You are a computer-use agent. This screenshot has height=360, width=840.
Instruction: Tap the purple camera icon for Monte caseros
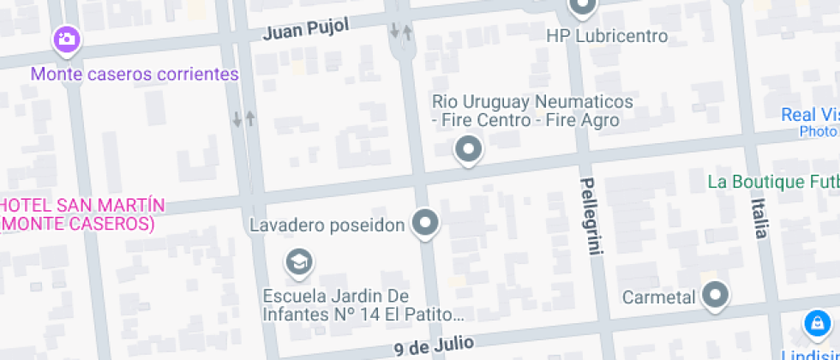click(x=67, y=39)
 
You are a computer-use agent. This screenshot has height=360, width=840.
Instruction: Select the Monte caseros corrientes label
click(x=135, y=74)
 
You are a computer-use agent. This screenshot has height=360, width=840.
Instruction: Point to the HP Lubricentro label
click(x=607, y=37)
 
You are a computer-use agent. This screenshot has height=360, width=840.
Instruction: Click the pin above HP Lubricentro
click(x=583, y=8)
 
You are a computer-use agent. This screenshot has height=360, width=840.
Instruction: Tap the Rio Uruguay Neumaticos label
click(x=532, y=102)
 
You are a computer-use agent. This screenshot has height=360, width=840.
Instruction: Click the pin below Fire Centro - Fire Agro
click(x=468, y=150)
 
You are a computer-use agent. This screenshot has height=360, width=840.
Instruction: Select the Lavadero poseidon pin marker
click(x=425, y=225)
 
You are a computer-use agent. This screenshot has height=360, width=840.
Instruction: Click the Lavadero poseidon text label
click(x=327, y=226)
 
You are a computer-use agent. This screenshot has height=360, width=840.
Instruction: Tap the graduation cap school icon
click(x=298, y=261)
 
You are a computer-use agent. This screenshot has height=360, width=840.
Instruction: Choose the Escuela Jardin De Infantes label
click(x=363, y=304)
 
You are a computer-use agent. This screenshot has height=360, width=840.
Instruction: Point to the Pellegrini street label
click(x=591, y=216)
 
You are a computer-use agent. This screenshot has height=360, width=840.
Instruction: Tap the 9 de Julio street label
click(x=434, y=345)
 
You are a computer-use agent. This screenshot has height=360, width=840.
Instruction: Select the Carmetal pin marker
click(x=714, y=297)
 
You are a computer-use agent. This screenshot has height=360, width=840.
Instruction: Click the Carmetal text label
click(x=658, y=298)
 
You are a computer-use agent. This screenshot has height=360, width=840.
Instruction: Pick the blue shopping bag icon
click(x=816, y=324)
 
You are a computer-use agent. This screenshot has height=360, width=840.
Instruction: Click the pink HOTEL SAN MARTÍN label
click(x=81, y=214)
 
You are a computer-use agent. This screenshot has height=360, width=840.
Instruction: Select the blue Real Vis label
click(x=809, y=116)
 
